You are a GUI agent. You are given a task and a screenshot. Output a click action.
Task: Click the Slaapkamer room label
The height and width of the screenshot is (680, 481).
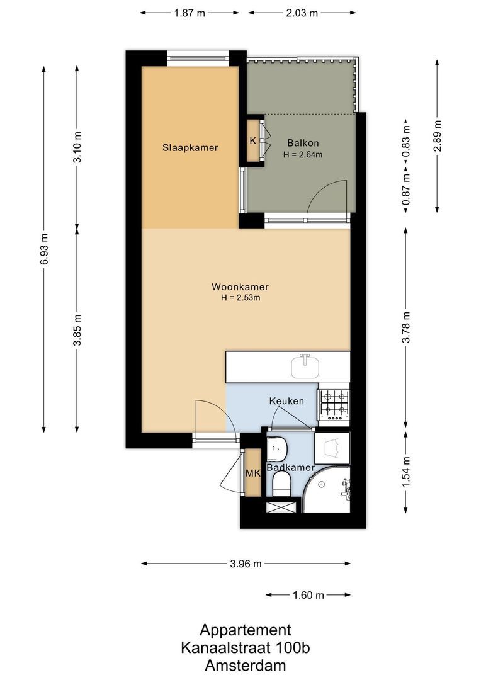click(190, 148)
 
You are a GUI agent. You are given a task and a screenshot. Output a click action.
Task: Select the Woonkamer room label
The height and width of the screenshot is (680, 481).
click(236, 287)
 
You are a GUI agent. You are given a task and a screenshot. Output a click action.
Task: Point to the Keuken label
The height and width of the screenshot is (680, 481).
click(286, 401)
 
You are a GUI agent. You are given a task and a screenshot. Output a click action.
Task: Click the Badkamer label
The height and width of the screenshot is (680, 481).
click(290, 468)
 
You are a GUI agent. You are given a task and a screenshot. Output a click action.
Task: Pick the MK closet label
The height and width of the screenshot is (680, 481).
click(252, 473)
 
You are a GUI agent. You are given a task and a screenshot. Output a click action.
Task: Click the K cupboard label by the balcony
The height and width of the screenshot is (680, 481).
click(252, 140)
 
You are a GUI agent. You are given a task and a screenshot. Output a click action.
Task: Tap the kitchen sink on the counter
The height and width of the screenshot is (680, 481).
click(305, 365)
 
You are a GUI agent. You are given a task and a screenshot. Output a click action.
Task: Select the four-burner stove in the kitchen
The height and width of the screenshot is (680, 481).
click(334, 404)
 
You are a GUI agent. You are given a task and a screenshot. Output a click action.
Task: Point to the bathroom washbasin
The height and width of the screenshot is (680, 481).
click(276, 449)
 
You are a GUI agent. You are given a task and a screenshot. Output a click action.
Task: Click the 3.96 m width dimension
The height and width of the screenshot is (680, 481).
click(246, 564)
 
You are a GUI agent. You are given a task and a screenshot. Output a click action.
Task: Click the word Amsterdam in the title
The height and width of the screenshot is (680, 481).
click(246, 665)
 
